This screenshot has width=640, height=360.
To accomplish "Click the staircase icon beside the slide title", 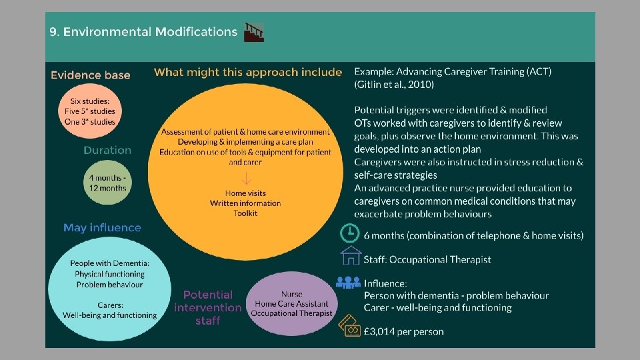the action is coord(254,32).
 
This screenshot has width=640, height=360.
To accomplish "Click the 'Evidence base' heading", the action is coord(90,75).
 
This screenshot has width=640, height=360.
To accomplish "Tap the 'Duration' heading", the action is coord(107,150).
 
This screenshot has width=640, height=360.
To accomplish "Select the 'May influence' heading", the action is coord(102,228).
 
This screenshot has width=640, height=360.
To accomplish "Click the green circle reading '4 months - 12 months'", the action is coord(107,182).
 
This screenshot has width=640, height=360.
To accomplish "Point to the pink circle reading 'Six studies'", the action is coord(89,111).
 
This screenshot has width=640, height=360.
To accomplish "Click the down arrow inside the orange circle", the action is coord(246,178).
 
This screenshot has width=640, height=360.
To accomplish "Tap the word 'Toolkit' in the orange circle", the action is coord(245,213).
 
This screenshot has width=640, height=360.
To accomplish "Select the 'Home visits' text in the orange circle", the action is coord(245,193).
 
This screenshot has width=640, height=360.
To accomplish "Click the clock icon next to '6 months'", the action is coord(349,233).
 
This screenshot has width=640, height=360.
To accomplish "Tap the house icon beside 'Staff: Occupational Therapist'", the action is coord(350,257).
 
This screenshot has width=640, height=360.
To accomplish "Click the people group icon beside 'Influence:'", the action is coord(348,282).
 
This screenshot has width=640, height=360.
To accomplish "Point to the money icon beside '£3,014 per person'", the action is coord(350,327).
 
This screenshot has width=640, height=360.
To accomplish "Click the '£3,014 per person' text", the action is coord(403,331).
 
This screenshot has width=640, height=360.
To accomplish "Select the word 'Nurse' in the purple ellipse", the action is coord(292,293).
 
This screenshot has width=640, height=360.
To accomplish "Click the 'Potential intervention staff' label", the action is coord(207,307).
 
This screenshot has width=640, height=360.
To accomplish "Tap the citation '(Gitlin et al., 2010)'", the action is coord(394,85).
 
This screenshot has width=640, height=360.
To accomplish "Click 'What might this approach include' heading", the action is coord(248,72).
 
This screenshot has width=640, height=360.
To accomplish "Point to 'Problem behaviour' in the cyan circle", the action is coord(109,285).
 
